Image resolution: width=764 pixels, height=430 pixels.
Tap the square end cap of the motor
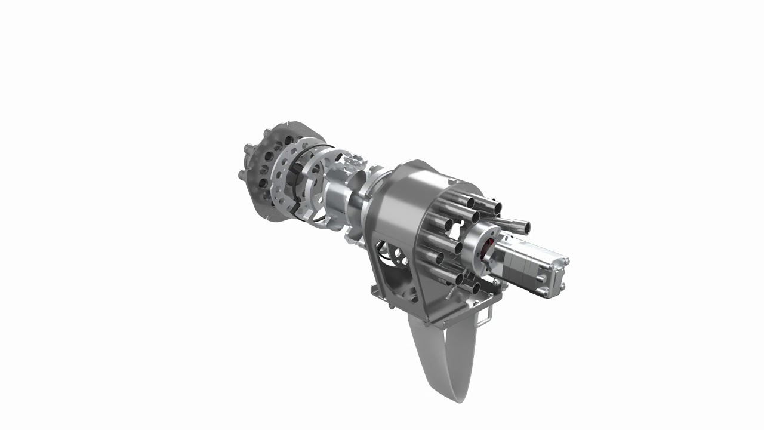[x=555, y=276]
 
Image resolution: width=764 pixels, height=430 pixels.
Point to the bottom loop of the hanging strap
[x=445, y=391]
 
